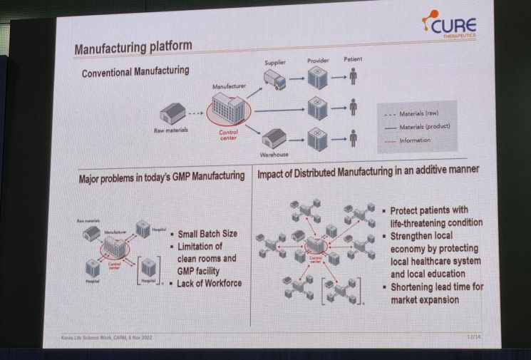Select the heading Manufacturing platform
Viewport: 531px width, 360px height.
[x=133, y=48]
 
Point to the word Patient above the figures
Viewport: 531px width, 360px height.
[x=354, y=61]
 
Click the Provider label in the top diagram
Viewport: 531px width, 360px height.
[x=318, y=62]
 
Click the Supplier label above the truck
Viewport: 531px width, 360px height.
[x=275, y=63]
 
